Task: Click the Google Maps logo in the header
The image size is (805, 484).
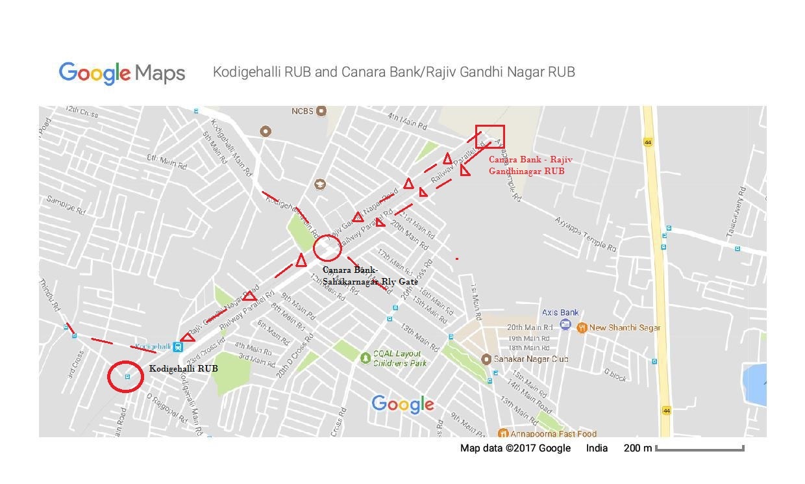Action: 122,73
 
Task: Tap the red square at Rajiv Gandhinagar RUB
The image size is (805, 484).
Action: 489,137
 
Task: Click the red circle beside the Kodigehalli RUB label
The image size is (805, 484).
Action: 125,377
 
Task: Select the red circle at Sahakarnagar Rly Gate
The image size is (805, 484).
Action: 327,248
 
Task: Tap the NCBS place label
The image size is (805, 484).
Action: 303,111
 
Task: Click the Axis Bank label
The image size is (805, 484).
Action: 560,312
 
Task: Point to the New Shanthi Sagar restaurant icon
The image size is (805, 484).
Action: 582,327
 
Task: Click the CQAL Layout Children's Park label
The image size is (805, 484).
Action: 400,359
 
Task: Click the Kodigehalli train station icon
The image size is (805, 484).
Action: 178,347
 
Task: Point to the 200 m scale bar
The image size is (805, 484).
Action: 699,448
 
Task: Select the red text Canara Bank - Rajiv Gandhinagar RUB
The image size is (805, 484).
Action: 530,165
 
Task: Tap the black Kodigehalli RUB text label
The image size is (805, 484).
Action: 184,368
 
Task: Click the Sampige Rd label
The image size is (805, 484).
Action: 66,206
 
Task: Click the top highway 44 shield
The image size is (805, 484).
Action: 647,142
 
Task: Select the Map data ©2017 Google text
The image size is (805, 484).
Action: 515,448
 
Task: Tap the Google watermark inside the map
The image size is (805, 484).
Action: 402,404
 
